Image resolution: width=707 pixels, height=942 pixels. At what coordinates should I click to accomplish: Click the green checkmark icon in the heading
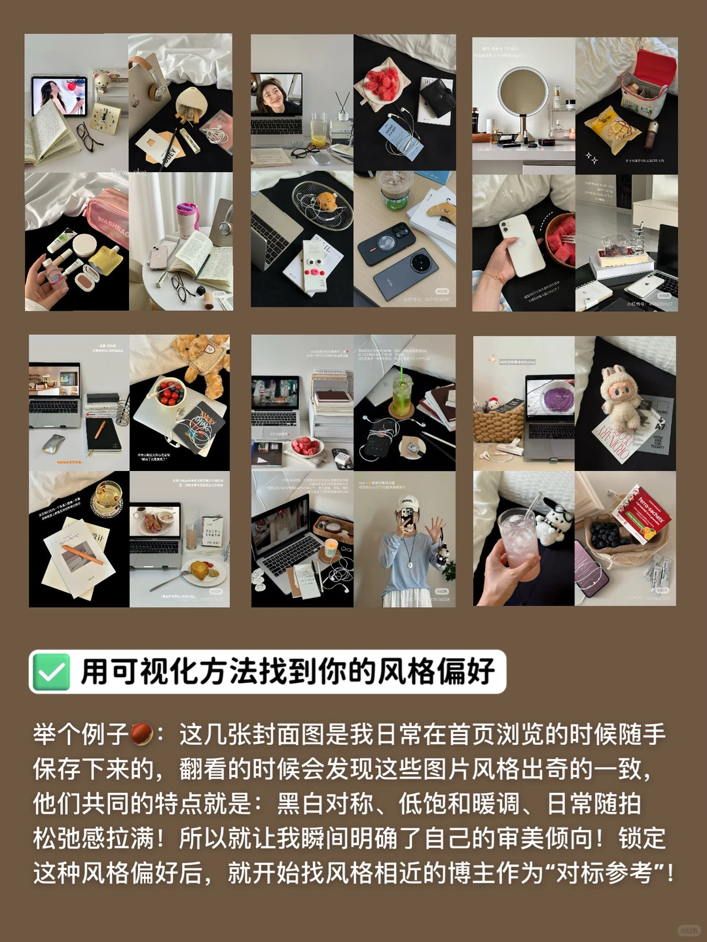tap(50, 672)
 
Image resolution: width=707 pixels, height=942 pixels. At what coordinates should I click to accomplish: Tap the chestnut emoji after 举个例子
tap(142, 734)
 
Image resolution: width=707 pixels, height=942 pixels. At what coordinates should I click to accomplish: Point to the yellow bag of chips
tap(612, 129)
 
